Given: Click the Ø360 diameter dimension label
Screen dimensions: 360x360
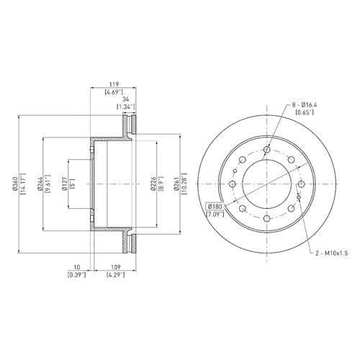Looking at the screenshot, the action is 15,184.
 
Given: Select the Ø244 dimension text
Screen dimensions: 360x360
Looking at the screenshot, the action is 40,184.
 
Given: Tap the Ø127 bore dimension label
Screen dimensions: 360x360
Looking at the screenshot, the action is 65,184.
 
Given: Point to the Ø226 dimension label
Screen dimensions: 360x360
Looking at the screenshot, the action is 153,184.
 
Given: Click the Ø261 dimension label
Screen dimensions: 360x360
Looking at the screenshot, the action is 177,184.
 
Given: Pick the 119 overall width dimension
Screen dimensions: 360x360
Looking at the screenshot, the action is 114,84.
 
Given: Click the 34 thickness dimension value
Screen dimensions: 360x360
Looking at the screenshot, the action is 125,99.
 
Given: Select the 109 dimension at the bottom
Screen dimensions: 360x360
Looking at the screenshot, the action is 116,267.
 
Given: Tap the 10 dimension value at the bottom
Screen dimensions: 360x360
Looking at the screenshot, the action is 77,267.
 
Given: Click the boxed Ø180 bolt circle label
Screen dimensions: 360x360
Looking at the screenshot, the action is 215,207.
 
